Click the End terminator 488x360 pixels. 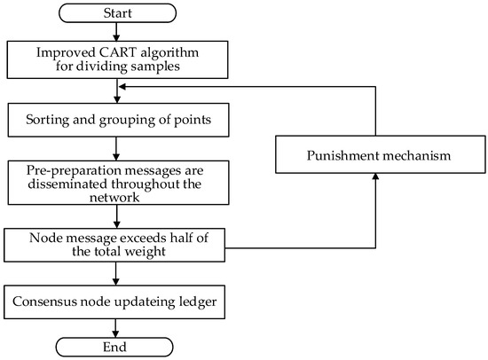[117, 344]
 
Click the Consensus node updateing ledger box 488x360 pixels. [117, 301]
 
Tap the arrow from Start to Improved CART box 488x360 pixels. [117, 31]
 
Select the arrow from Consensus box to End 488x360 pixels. [117, 325]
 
